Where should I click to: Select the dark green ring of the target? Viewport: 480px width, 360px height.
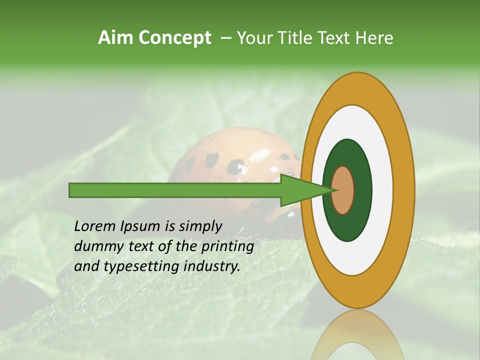coord(362,190)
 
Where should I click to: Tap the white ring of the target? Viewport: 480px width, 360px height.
coord(382,190)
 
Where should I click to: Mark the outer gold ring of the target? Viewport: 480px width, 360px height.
coord(405,190)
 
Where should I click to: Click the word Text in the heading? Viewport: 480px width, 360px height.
coord(336,38)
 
